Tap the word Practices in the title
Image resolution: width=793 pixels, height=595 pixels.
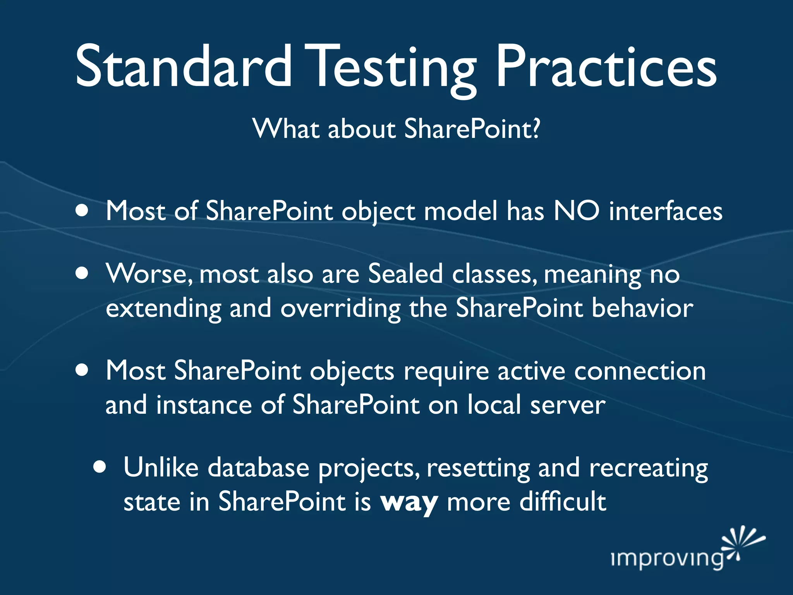pyautogui.click(x=606, y=67)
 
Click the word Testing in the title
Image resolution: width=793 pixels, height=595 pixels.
pyautogui.click(x=391, y=70)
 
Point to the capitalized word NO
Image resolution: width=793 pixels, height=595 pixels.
pyautogui.click(x=577, y=212)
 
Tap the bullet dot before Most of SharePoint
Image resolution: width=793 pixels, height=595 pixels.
pyautogui.click(x=82, y=211)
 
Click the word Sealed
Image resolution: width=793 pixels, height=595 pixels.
pyautogui.click(x=405, y=274)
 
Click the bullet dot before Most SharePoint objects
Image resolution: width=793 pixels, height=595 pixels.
pyautogui.click(x=82, y=370)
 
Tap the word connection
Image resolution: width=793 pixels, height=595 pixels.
pyautogui.click(x=640, y=371)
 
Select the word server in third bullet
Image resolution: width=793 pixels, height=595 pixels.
pyautogui.click(x=568, y=405)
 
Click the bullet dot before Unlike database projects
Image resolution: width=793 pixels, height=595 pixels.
pyautogui.click(x=100, y=467)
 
